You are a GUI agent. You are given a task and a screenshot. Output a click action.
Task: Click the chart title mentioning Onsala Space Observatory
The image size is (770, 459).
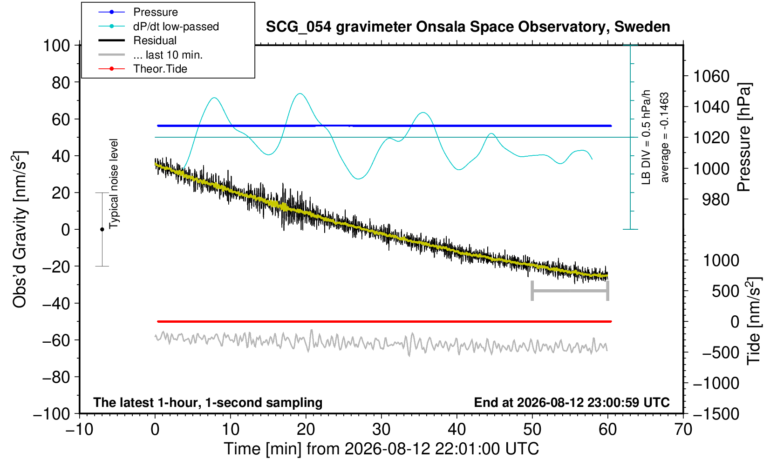468,27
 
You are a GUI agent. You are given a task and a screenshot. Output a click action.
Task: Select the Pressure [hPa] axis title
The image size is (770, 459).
744,137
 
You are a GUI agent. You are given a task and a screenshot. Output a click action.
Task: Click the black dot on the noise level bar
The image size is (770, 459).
102,229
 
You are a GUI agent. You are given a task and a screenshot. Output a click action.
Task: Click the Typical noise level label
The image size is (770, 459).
114,184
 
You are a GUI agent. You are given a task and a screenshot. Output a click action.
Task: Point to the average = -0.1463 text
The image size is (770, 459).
664,137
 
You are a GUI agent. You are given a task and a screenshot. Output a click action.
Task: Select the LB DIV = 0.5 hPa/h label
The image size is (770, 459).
646,137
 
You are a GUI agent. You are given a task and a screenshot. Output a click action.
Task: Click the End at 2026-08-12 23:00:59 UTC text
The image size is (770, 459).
572,402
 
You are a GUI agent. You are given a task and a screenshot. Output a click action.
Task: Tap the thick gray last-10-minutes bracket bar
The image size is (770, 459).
570,291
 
